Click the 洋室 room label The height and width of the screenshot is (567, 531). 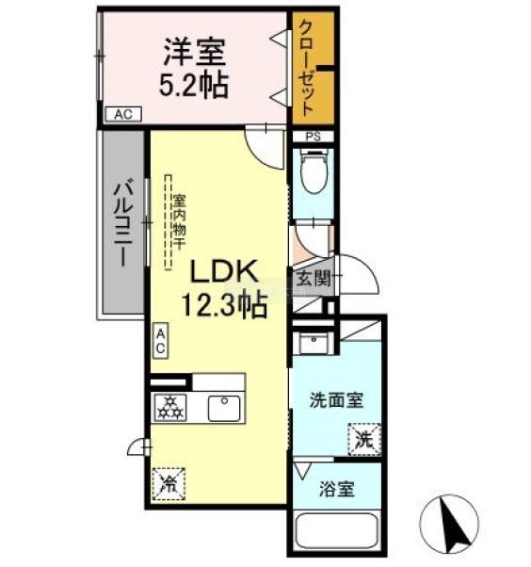pyautogui.click(x=195, y=52)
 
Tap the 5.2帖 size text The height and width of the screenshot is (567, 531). pyautogui.click(x=194, y=86)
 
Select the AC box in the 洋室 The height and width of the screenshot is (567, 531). pyautogui.click(x=123, y=114)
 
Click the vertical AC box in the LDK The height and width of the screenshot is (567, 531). pyautogui.click(x=160, y=341)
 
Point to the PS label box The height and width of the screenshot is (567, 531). pyautogui.click(x=313, y=138)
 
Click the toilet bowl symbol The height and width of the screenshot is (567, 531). pyautogui.click(x=313, y=172)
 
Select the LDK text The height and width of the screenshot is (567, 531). pyautogui.click(x=224, y=271)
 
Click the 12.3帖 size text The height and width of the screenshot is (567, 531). pyautogui.click(x=224, y=305)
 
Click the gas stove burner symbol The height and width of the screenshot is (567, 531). pyautogui.click(x=170, y=408)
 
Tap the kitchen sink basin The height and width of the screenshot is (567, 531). pyautogui.click(x=224, y=408)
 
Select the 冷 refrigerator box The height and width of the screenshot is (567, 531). pyautogui.click(x=169, y=484)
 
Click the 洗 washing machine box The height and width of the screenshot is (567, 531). pyautogui.click(x=364, y=439)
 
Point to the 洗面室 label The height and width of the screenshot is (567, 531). pyautogui.click(x=336, y=400)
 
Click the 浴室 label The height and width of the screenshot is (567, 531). pyautogui.click(x=336, y=489)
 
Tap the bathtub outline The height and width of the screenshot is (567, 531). pyautogui.click(x=337, y=531)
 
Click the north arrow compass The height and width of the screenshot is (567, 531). pyautogui.click(x=449, y=524)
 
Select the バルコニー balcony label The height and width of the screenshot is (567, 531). pyautogui.click(x=123, y=225)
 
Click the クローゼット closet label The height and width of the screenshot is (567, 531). pyautogui.click(x=307, y=69)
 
